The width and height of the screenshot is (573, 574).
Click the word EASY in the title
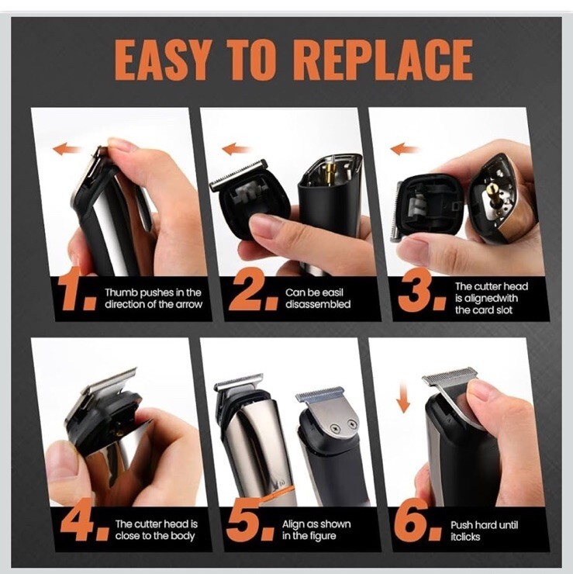pyautogui.click(x=162, y=60)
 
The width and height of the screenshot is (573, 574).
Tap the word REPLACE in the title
pyautogui.click(x=382, y=60)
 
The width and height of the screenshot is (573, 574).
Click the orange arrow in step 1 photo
pyautogui.click(x=67, y=149)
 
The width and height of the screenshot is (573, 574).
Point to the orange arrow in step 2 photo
pyautogui.click(x=236, y=149)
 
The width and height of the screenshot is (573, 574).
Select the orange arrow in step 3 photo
pyautogui.click(x=404, y=149)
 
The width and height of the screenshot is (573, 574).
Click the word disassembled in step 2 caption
pyautogui.click(x=318, y=305)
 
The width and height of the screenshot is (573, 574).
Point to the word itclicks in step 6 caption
pyautogui.click(x=464, y=537)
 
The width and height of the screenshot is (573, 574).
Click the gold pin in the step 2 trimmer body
pyautogui.click(x=332, y=169)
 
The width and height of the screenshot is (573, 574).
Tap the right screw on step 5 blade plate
pyautogui.click(x=352, y=424)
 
